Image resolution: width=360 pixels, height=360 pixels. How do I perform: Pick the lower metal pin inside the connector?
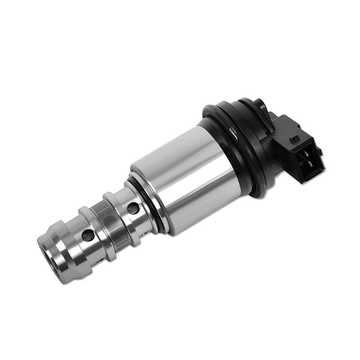pyautogui.click(x=310, y=164)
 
